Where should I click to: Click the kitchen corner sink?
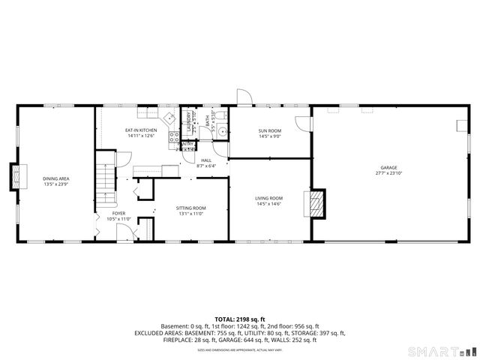pos(169,118)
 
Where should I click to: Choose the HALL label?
pos(205,161)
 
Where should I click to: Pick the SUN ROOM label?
pos(269,133)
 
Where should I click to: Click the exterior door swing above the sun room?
pos(243,97)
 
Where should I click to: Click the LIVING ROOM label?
pos(269,199)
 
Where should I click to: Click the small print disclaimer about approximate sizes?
pos(240,349)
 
